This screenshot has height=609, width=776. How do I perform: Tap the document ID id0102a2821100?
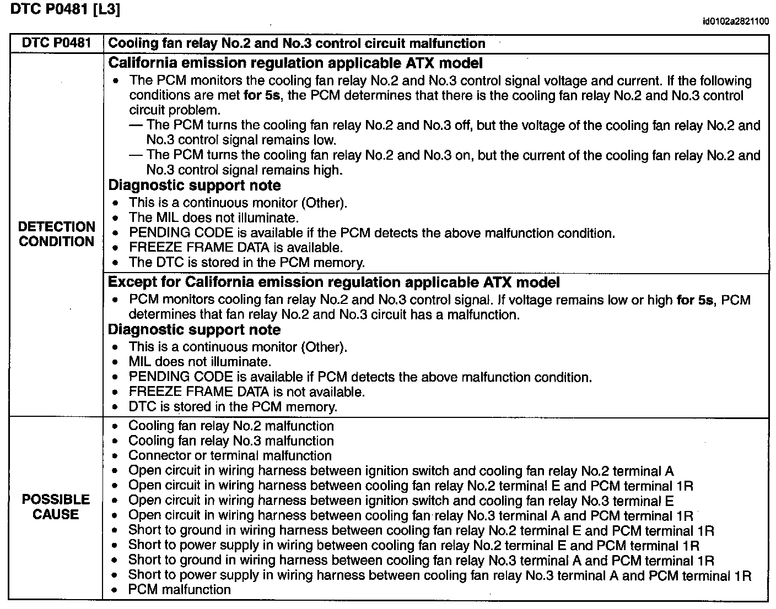click(x=736, y=21)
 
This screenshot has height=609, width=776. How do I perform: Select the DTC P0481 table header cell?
click(x=56, y=43)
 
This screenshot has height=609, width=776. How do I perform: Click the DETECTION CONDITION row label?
click(x=56, y=234)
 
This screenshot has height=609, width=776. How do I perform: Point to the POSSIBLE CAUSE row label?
click(x=56, y=507)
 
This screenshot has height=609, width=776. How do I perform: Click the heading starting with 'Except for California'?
click(x=333, y=282)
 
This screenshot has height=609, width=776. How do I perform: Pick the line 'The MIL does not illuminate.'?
click(x=213, y=218)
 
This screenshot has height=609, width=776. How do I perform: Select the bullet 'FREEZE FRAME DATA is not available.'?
click(x=246, y=392)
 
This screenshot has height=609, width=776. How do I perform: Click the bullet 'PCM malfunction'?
click(x=179, y=590)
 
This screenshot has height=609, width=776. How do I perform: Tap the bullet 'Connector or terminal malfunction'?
click(x=230, y=455)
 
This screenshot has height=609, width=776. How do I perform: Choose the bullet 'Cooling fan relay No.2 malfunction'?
click(x=231, y=426)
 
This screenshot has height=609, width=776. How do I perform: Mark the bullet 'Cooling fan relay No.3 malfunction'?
click(x=231, y=441)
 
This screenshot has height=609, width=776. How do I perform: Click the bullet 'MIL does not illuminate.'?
click(x=200, y=362)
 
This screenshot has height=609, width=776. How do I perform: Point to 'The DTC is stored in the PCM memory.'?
click(x=246, y=263)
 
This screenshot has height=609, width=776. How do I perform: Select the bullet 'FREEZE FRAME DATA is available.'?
click(x=235, y=248)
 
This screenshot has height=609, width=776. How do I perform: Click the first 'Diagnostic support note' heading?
click(x=195, y=186)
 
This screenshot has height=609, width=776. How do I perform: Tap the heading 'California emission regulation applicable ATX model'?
click(x=295, y=63)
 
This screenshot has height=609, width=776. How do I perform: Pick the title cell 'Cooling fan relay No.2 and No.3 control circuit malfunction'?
click(x=297, y=44)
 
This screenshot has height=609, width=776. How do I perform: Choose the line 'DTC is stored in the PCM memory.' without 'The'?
click(x=233, y=407)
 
